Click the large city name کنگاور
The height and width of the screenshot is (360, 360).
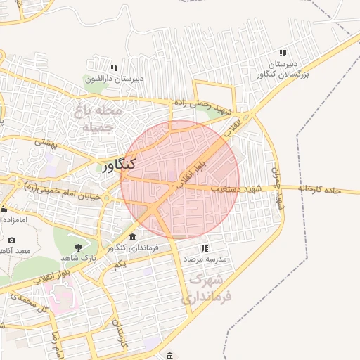pyautogui.click(x=112, y=165)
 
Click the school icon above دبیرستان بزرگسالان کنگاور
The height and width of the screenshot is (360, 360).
pyautogui.click(x=283, y=53)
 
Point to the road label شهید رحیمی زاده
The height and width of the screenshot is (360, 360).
pyautogui.click(x=205, y=107)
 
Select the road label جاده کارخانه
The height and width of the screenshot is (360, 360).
pyautogui.click(x=328, y=189)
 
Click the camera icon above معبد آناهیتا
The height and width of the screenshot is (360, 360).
pyautogui.click(x=11, y=240)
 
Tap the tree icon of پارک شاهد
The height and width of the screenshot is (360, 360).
pyautogui.click(x=77, y=247)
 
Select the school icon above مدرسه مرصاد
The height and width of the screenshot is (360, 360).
pyautogui.click(x=205, y=248)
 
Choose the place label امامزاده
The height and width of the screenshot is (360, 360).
pyautogui.click(x=13, y=219)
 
